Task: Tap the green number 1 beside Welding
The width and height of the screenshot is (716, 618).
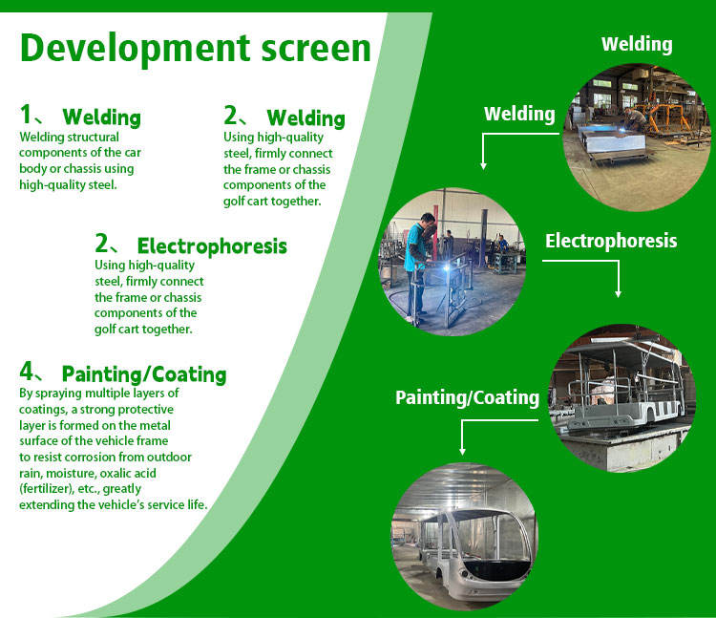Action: point(26,116)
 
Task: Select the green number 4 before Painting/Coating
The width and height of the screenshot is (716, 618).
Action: point(27,373)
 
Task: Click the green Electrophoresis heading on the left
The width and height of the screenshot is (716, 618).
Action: point(211,245)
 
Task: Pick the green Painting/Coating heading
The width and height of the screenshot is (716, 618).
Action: point(143,373)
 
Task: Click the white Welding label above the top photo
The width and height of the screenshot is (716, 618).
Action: point(636,44)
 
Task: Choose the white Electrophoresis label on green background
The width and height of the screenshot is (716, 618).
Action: point(610,241)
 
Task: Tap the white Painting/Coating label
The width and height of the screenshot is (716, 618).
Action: point(467,397)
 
